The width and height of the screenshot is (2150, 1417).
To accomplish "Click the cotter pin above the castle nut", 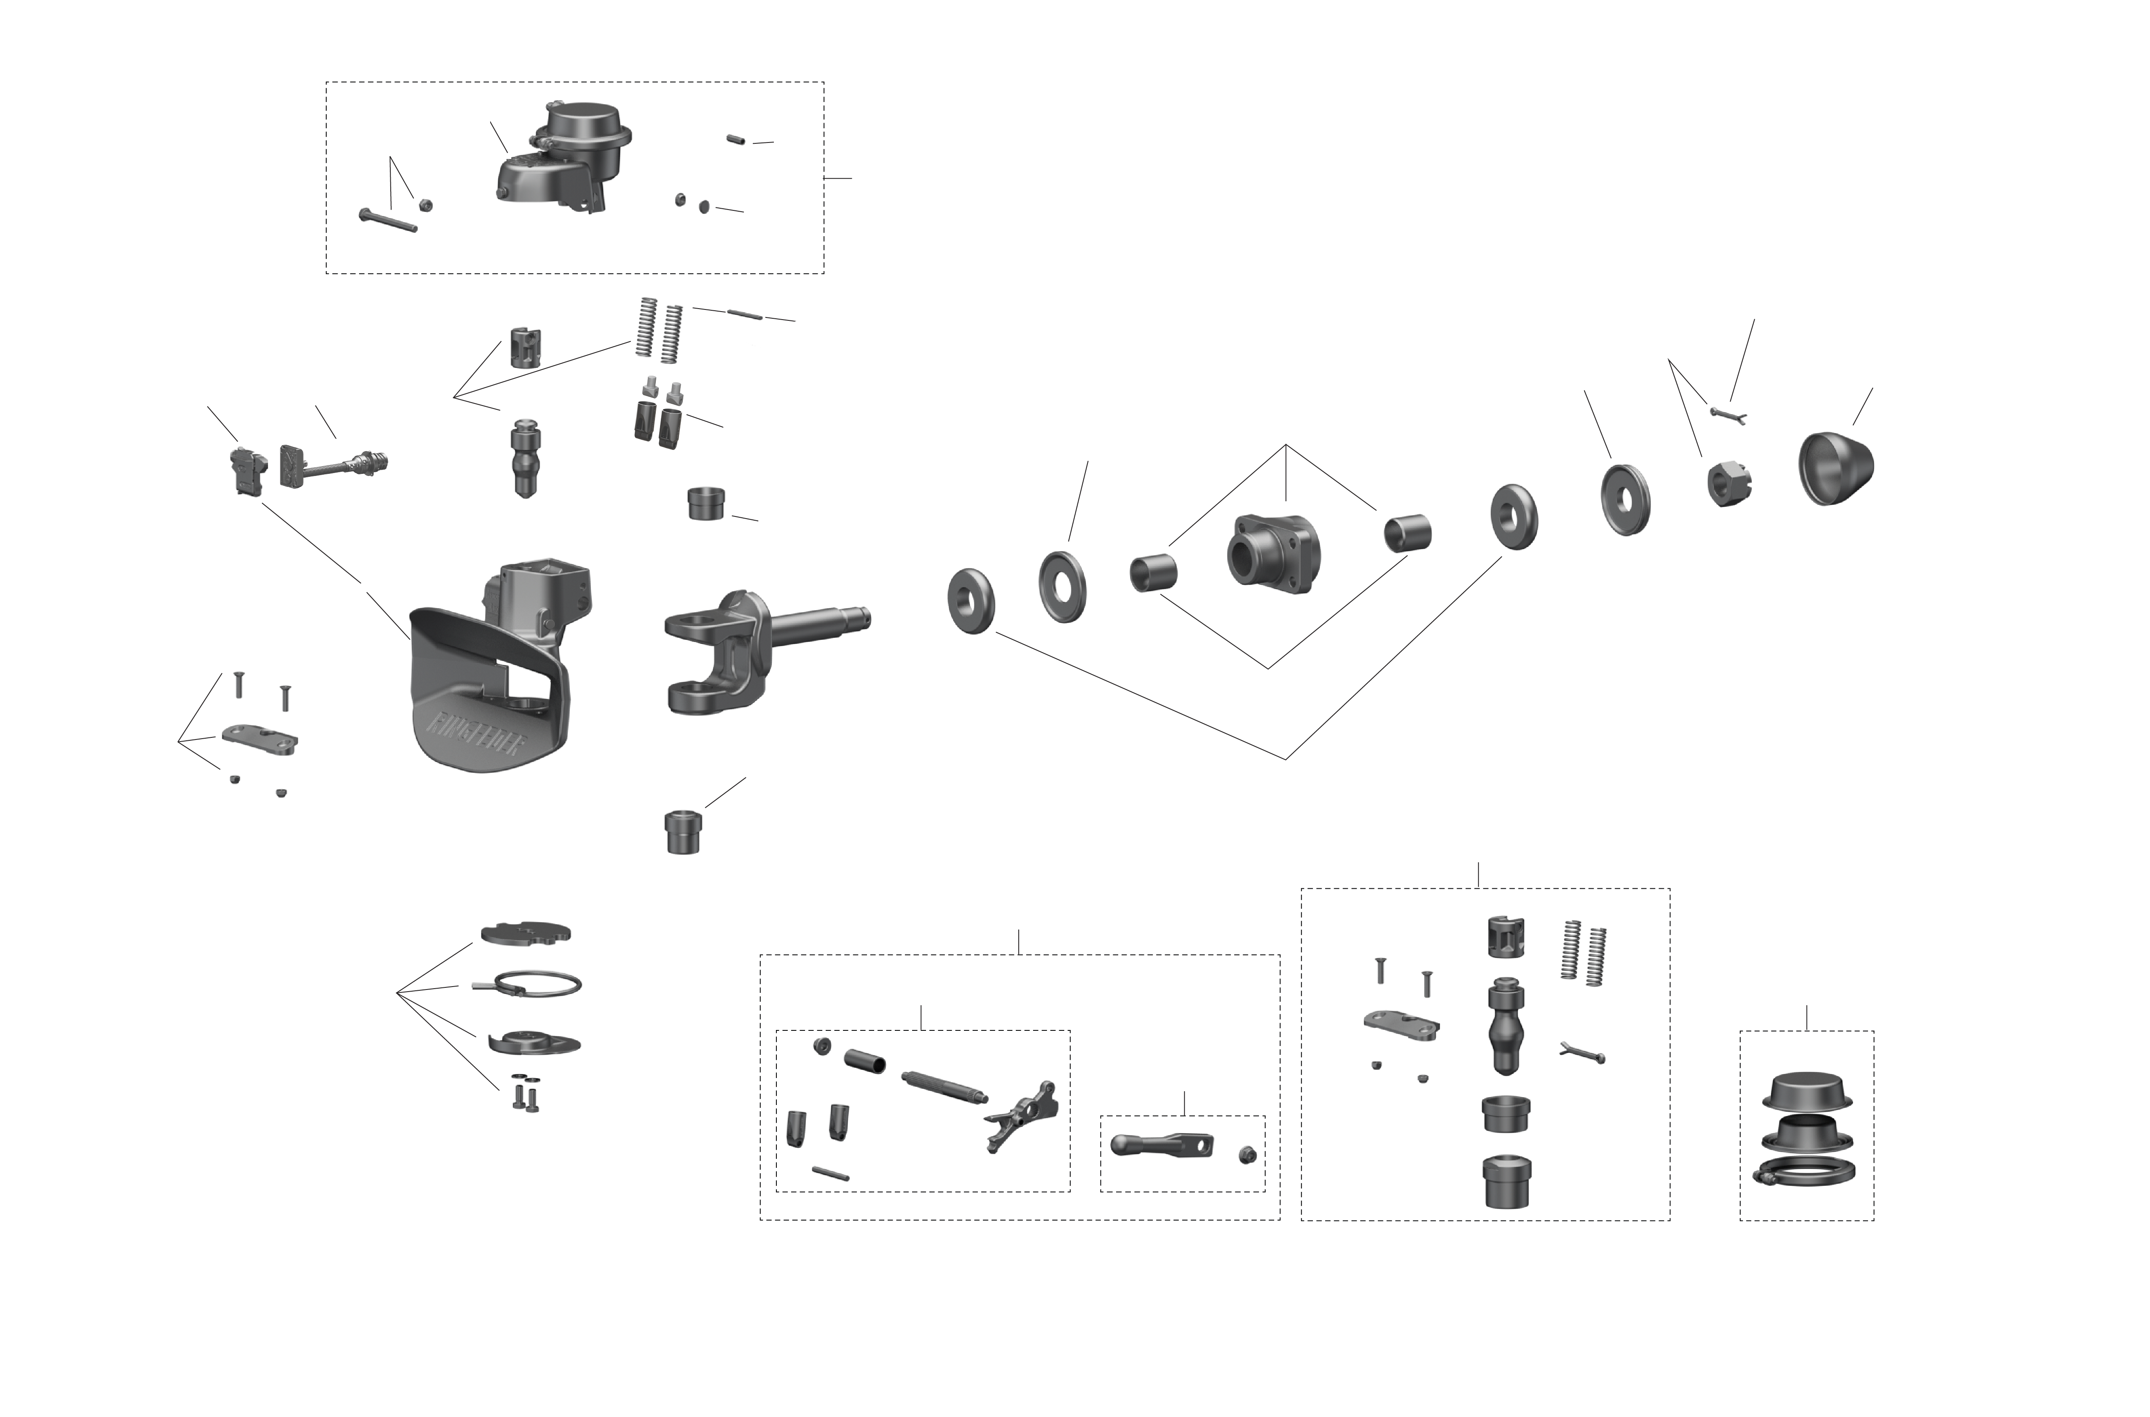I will (1728, 415).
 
